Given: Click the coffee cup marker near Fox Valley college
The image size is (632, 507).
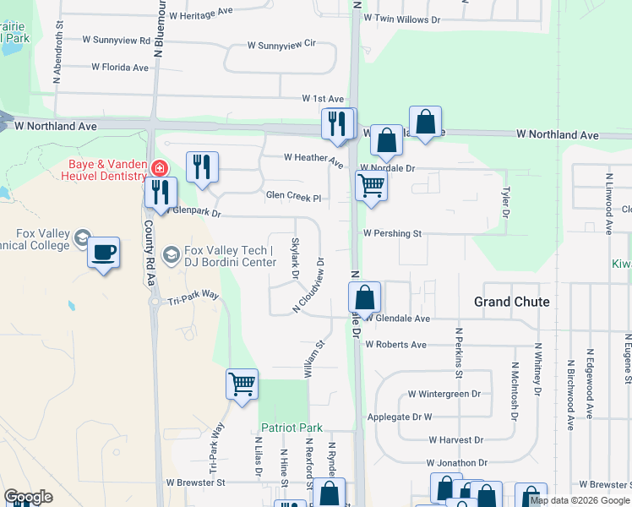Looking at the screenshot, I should [x=103, y=253].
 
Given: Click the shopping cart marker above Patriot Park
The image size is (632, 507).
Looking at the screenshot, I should [x=242, y=384].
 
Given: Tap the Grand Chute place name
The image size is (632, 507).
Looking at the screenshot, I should [x=510, y=302].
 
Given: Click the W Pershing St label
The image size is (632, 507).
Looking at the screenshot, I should [x=392, y=232].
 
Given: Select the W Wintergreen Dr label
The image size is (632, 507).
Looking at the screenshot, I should [x=444, y=394].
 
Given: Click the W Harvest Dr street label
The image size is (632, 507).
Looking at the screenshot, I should [x=455, y=440].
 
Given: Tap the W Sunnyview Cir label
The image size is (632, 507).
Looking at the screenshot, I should [x=281, y=45].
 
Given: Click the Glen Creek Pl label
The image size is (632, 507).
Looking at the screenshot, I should [x=293, y=196].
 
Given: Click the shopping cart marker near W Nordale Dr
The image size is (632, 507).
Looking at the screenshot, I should [x=372, y=187].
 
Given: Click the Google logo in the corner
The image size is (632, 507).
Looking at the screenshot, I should [x=28, y=497].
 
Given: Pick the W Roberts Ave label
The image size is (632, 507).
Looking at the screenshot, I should [x=395, y=345].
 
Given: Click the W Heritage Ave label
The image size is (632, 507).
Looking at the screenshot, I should [x=200, y=13].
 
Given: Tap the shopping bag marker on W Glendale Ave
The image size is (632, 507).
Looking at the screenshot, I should [x=365, y=298].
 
